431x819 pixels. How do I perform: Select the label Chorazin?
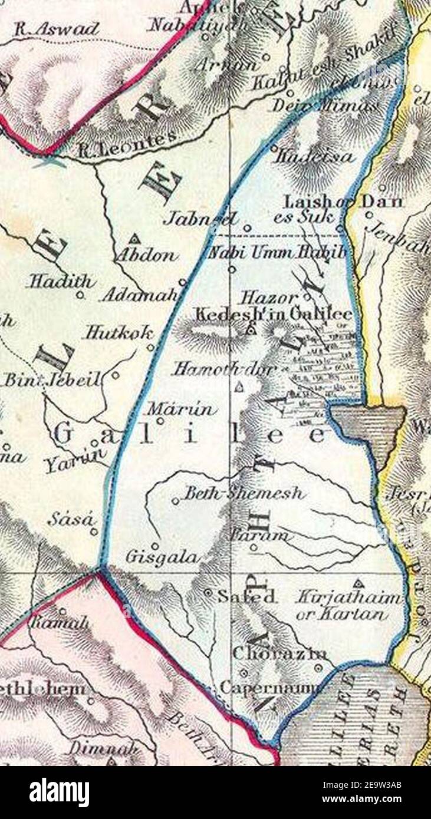click(280, 653)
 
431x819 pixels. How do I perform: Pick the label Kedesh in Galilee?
click(274, 314)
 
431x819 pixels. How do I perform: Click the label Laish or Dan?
click(344, 202)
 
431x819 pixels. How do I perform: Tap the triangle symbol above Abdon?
click(135, 239)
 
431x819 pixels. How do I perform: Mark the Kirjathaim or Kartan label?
click(348, 606)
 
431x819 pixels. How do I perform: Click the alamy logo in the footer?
click(59, 792)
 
